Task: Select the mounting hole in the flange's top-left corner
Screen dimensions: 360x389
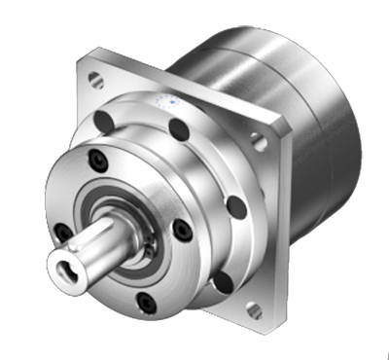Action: coord(95,79)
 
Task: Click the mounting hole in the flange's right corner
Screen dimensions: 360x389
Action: coord(259,142)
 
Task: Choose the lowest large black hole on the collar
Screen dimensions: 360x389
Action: coord(222,282)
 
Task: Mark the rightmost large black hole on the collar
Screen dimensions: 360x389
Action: coord(233,206)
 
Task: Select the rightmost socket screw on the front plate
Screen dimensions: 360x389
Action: coord(181,230)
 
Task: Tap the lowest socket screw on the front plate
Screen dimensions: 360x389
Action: coord(146,304)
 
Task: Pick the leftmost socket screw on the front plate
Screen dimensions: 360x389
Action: coord(62,232)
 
